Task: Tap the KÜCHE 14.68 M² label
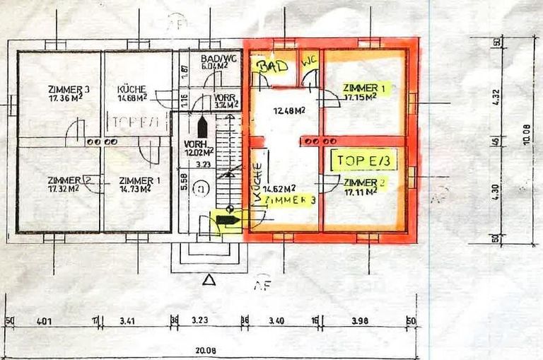pos(132,94)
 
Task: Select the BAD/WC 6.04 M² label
pos(210,62)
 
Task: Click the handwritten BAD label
pos(273,66)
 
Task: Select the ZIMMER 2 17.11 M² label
pos(365,187)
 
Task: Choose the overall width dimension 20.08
pos(211,350)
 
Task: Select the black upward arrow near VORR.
pos(202,127)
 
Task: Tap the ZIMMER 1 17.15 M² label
pos(364,92)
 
